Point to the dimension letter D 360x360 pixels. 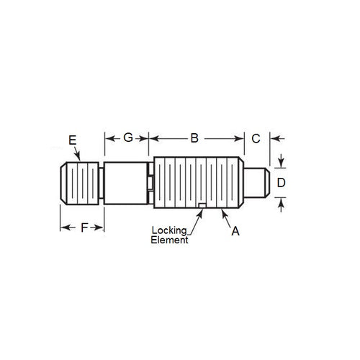pos(282,183)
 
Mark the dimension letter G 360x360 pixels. pos(127,137)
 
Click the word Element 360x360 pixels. pos(169,240)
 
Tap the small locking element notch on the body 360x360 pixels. pos(202,210)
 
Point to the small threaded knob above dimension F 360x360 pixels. pos(80,185)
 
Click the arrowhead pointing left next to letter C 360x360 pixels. pos(273,138)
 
